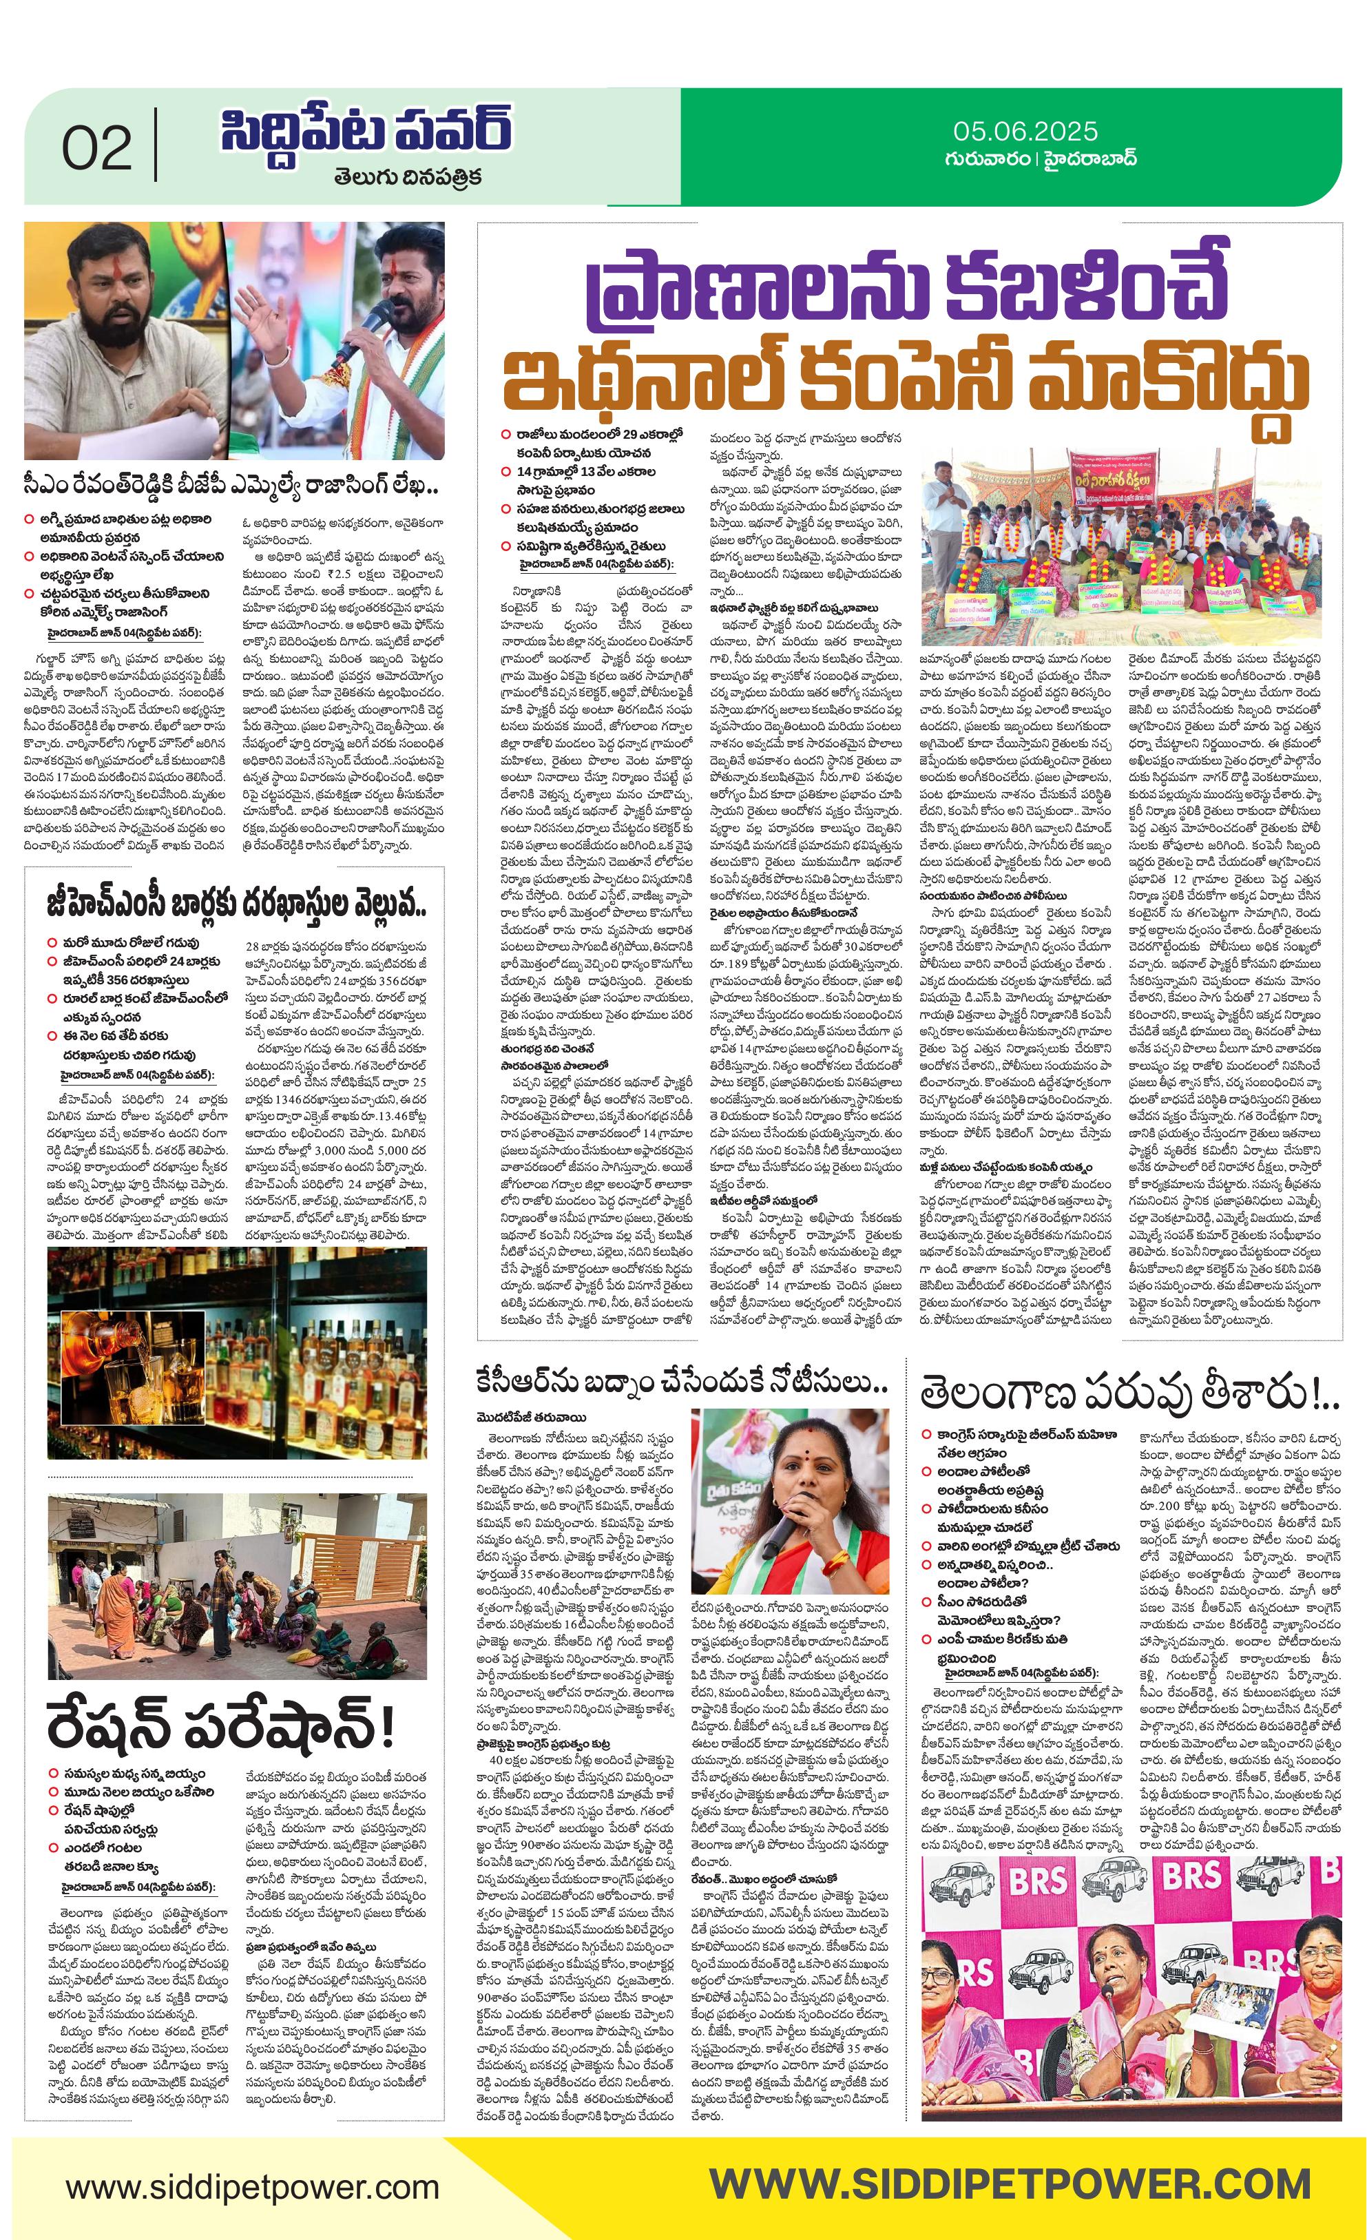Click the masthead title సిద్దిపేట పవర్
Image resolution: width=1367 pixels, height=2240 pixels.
[x=364, y=132]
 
